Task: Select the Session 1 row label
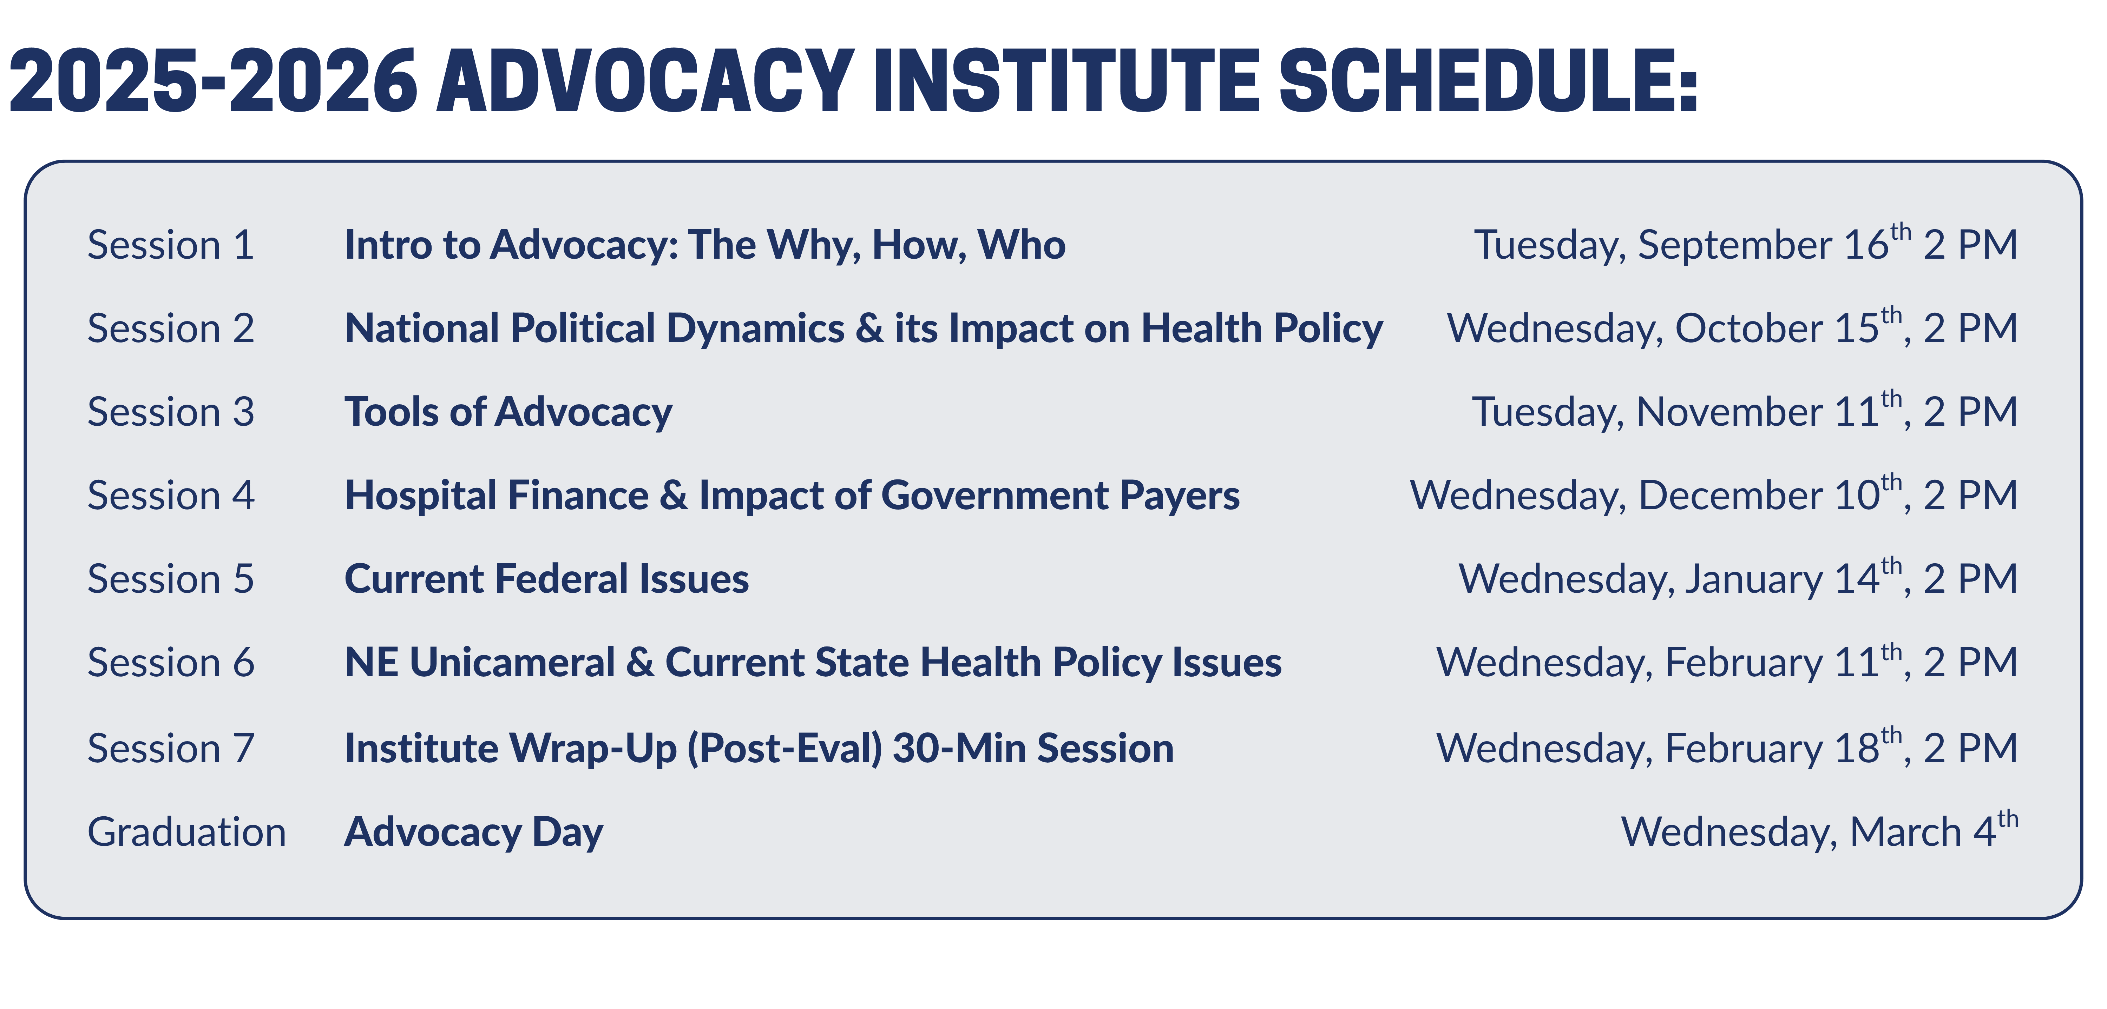point(171,245)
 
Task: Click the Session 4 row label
point(171,496)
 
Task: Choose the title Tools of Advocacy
point(508,412)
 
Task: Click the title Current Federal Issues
point(546,579)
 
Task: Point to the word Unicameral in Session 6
point(512,662)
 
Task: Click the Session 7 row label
point(171,749)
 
